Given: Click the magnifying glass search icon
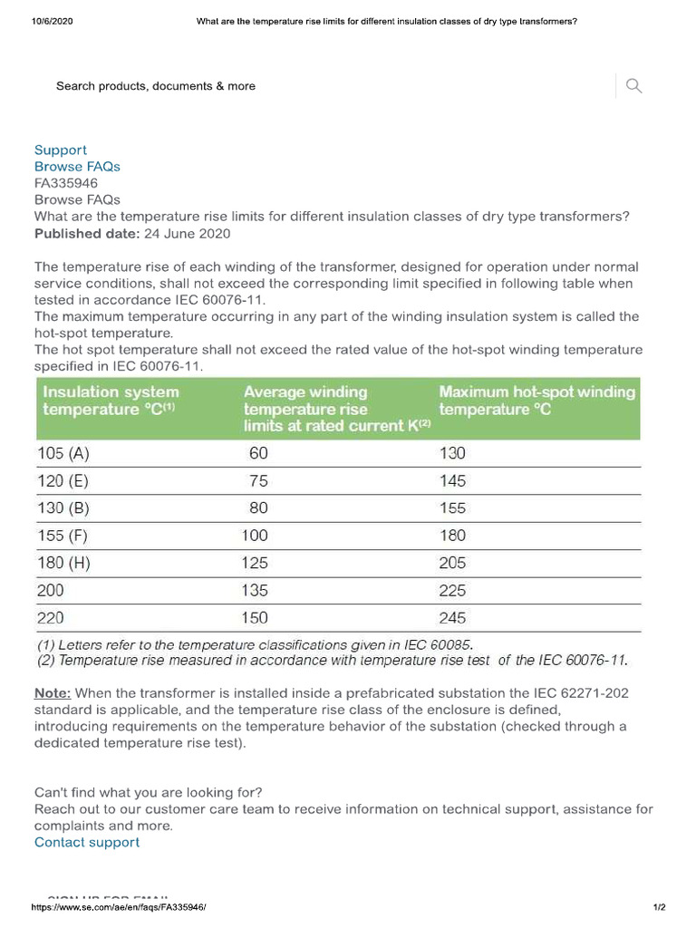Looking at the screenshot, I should (x=633, y=86).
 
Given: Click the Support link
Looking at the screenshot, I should (x=61, y=150).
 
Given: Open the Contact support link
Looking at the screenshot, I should (x=87, y=842).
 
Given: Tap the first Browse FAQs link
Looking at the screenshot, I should (x=77, y=167).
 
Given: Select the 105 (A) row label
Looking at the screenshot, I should (x=63, y=453).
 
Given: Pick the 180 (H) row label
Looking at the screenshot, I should (x=63, y=563).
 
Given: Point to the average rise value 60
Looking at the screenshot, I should (x=258, y=453).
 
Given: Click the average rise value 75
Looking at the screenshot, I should (x=258, y=481).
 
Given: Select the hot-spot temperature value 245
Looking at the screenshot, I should (x=452, y=618).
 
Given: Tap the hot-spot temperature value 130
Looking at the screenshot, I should (x=452, y=453).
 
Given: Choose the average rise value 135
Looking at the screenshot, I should (x=255, y=591).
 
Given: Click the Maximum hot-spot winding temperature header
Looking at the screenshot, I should (x=536, y=401).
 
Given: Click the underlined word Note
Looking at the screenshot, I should (x=51, y=693).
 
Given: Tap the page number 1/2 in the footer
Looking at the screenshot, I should (x=659, y=907).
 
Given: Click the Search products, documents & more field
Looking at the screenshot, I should (x=156, y=86).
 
